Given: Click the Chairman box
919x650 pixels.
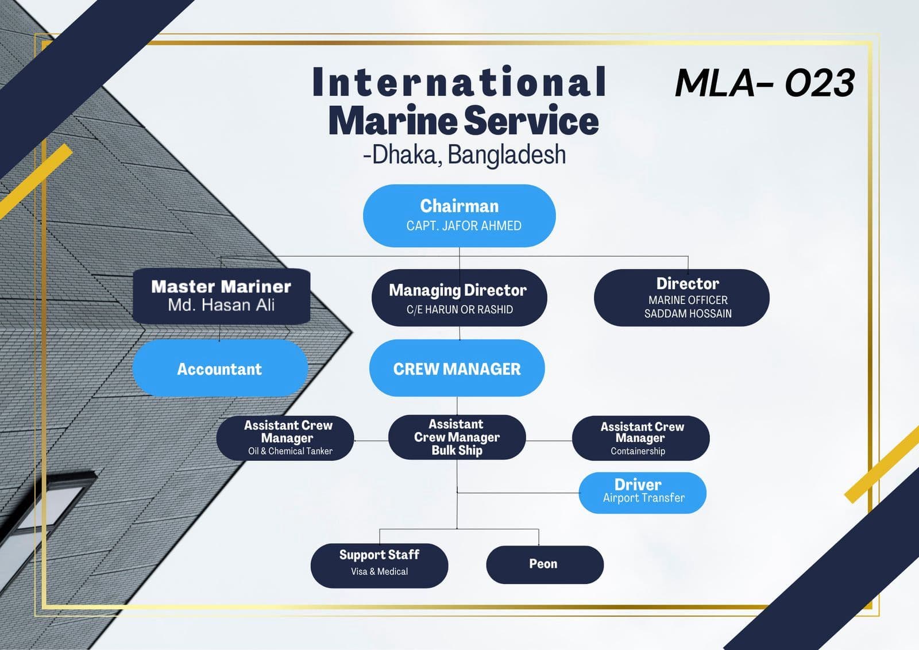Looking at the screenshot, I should click(459, 216).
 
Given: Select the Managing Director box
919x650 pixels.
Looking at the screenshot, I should click(459, 298).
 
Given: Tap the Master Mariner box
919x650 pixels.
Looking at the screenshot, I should click(221, 295).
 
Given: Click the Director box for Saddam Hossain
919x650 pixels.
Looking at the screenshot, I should click(681, 298).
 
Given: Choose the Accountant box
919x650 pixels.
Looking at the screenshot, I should click(220, 368).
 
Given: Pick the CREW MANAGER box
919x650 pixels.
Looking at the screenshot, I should click(457, 368).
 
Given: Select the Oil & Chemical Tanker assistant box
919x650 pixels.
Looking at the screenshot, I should click(285, 438).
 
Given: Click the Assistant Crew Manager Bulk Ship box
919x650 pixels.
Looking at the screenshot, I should click(457, 437).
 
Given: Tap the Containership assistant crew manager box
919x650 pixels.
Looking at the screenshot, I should click(640, 439).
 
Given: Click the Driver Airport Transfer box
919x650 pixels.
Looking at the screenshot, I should click(642, 493).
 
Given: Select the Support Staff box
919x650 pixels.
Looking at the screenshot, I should click(379, 565).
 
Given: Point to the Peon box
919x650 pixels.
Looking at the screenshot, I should click(545, 564).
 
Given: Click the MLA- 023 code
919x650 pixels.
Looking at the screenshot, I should click(764, 83).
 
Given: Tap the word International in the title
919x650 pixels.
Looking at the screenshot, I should click(459, 82).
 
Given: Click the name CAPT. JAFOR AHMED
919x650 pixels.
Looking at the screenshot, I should click(464, 226).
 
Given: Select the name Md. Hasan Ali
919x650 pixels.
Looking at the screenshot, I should click(221, 305).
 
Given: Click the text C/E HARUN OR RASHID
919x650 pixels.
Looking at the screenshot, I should click(459, 310).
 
